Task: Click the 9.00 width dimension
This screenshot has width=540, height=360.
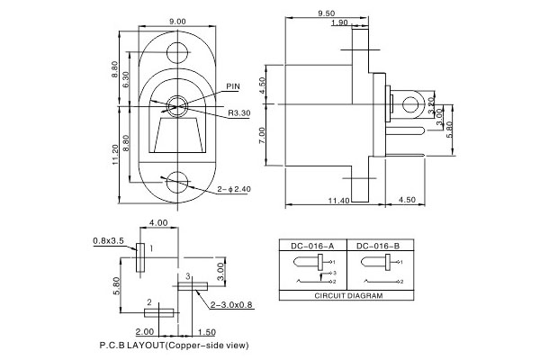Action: coord(176,21)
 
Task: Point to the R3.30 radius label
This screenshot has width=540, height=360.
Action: coord(239,113)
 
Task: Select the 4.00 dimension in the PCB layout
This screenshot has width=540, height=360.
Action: coord(158,222)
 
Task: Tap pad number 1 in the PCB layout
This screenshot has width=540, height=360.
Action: coord(140,257)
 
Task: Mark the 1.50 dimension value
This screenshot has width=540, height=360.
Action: coord(207,331)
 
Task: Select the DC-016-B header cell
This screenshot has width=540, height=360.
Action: coord(373,245)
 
